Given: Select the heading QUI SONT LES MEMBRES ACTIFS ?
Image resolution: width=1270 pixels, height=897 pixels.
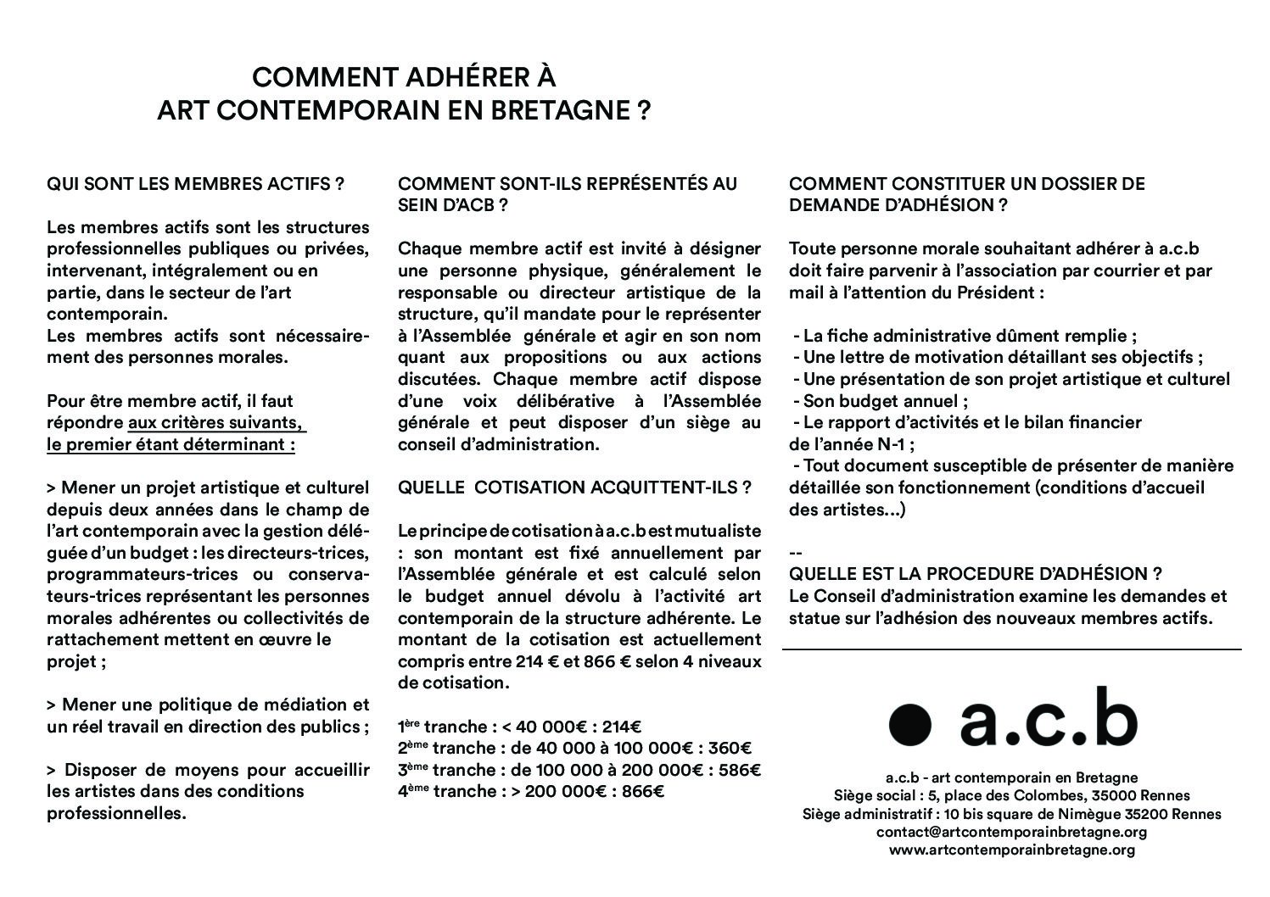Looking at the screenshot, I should tap(195, 184).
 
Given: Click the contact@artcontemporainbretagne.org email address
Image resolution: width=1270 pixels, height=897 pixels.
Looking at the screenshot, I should tap(1011, 833).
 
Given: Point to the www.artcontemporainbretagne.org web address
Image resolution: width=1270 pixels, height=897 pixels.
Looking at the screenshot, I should tap(1011, 850).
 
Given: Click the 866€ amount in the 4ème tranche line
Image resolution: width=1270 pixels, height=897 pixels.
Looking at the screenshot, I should tap(644, 792).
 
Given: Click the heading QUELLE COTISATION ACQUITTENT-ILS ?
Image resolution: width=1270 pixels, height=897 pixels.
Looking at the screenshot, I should tap(574, 487).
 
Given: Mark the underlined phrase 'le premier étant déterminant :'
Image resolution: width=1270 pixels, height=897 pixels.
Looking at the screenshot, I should tap(171, 444).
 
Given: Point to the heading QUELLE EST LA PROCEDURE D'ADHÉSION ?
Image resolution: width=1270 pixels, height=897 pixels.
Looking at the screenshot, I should tap(975, 574).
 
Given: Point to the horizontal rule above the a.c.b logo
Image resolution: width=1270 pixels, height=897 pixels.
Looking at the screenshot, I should tap(1011, 649).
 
